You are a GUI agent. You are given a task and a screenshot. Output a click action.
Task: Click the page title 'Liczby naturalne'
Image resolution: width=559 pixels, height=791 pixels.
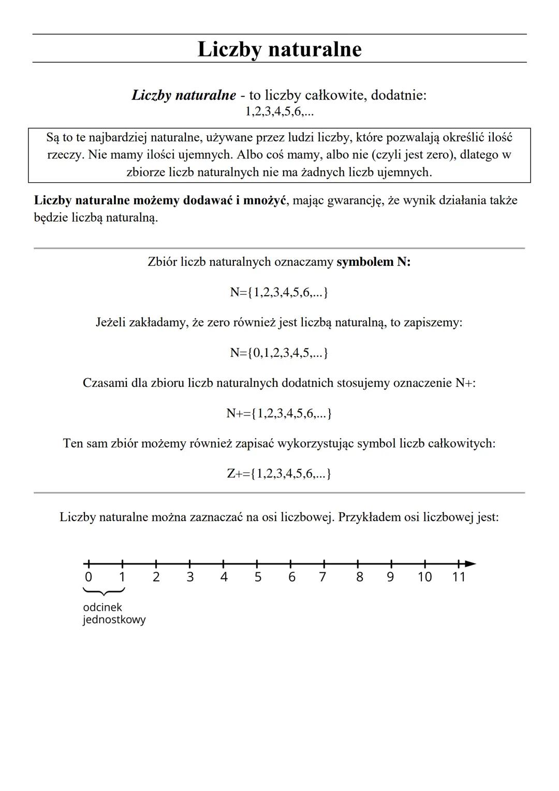click(x=279, y=49)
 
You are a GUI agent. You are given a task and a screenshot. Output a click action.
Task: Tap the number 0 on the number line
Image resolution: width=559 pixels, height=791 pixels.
click(x=89, y=577)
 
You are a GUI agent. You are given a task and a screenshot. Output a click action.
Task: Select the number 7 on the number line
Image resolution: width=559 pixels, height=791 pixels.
click(x=322, y=577)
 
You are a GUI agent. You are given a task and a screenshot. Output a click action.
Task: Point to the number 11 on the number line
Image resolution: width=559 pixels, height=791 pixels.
click(x=459, y=577)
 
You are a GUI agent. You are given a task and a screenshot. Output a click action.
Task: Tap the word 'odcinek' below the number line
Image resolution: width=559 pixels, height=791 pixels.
click(x=102, y=607)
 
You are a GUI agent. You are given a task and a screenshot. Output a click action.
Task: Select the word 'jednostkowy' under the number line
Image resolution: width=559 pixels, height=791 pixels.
click(x=114, y=620)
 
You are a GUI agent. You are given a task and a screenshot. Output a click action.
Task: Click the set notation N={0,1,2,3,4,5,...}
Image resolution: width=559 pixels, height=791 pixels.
click(x=279, y=353)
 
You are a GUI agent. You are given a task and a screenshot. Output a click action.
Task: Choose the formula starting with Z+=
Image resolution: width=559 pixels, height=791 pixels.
click(x=279, y=473)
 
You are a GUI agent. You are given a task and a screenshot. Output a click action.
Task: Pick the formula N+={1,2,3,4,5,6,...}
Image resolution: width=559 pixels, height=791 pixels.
click(x=279, y=413)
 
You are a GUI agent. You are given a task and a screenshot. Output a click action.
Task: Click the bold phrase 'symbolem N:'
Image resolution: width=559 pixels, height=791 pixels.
click(x=373, y=262)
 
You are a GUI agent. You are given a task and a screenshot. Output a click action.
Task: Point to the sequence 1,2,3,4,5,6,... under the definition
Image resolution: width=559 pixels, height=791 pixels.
click(x=279, y=111)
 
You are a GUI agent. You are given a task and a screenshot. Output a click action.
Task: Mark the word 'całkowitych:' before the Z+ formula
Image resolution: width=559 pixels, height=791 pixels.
click(x=462, y=443)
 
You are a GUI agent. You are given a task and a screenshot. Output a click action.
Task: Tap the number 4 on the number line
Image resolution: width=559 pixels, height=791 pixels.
click(x=224, y=577)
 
